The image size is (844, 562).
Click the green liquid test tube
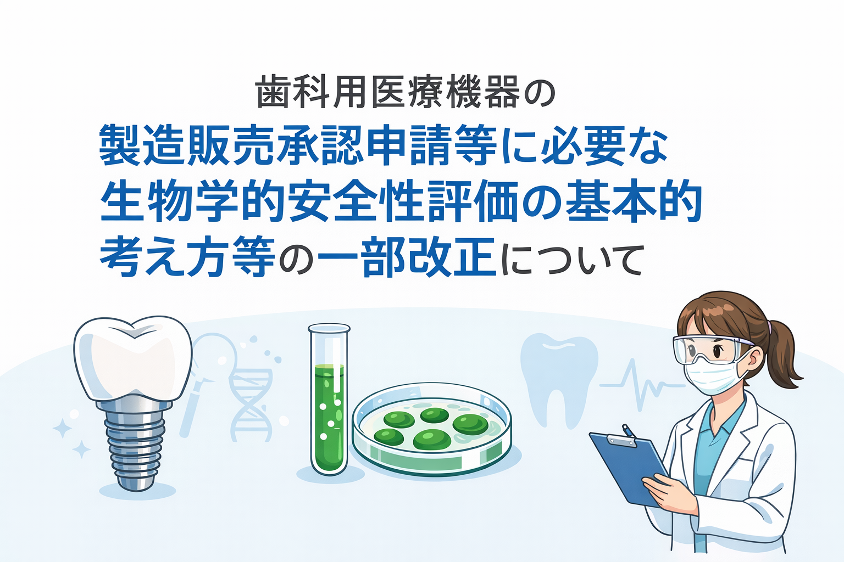tap(329, 399)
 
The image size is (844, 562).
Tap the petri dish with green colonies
tap(432, 429)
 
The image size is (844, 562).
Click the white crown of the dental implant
tap(132, 359)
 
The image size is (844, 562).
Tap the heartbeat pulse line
tap(642, 385)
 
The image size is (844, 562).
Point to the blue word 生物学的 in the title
tap(192, 202)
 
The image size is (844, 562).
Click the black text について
tap(571, 260)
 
